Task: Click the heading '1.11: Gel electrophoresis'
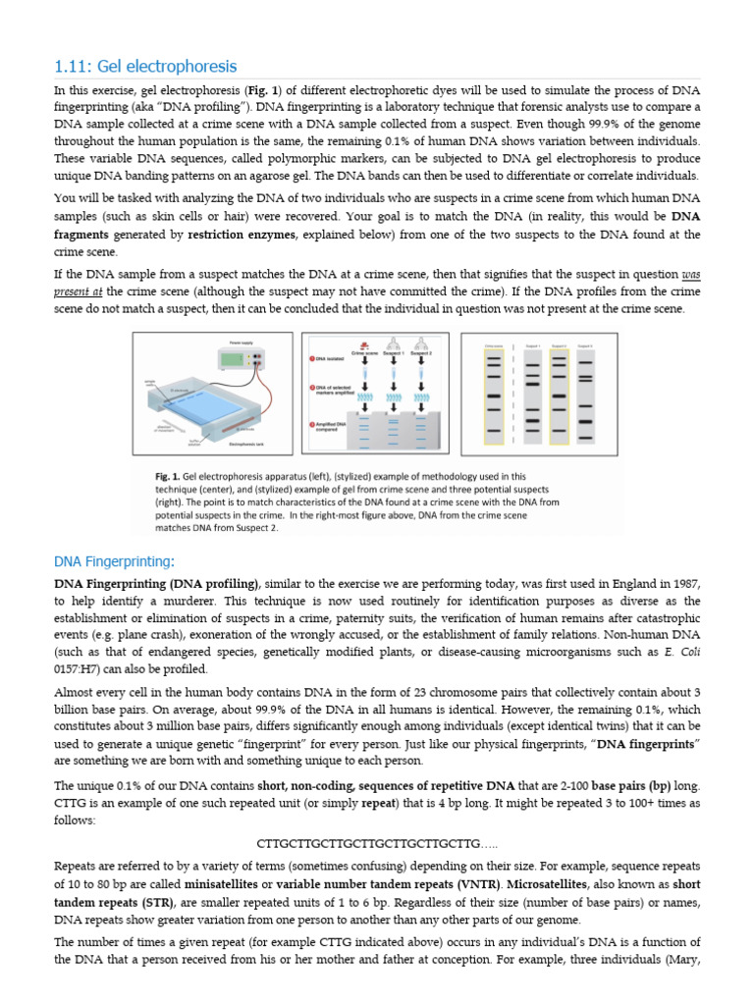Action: click(x=145, y=67)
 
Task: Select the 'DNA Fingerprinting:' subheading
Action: click(x=114, y=561)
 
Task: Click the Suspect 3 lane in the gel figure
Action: click(x=585, y=393)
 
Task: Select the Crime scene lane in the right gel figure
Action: click(x=494, y=393)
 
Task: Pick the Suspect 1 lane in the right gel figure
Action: click(x=530, y=393)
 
